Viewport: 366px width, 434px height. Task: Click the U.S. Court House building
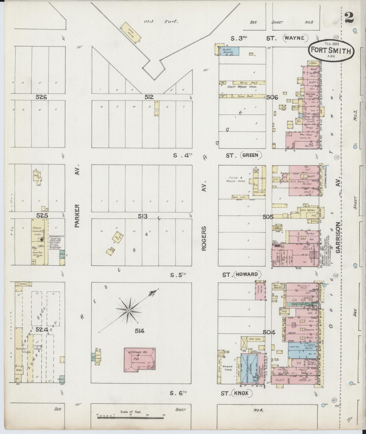[139, 360]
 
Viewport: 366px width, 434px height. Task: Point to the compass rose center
[128, 310]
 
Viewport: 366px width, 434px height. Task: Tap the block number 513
[143, 216]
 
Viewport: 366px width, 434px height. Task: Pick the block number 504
[269, 332]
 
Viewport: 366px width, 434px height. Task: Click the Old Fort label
[161, 22]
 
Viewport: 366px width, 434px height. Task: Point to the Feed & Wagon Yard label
[236, 180]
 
